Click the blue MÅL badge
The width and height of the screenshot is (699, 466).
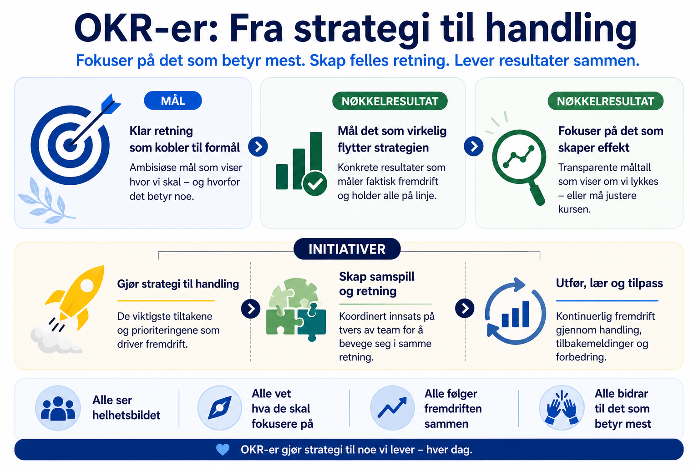(x=173, y=101)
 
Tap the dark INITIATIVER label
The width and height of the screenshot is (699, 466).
(x=347, y=249)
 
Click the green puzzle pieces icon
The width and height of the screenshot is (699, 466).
(x=296, y=309)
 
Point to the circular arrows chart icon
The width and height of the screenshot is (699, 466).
(x=516, y=311)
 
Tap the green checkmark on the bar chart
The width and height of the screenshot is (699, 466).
(x=315, y=183)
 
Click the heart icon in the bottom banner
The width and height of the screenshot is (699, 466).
(x=223, y=450)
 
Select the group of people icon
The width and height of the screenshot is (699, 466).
(x=58, y=408)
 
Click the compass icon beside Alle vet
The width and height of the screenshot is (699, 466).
(x=220, y=408)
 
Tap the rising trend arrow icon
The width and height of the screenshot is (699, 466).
(x=392, y=407)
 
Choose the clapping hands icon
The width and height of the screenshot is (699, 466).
(x=562, y=408)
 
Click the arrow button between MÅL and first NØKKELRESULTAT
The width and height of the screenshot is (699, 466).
(x=258, y=147)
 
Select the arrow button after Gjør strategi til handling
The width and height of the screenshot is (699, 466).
(x=251, y=309)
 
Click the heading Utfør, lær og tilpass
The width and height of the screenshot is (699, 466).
(x=609, y=283)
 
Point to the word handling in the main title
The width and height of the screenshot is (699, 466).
(x=561, y=29)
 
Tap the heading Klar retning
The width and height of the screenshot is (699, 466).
(x=161, y=131)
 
